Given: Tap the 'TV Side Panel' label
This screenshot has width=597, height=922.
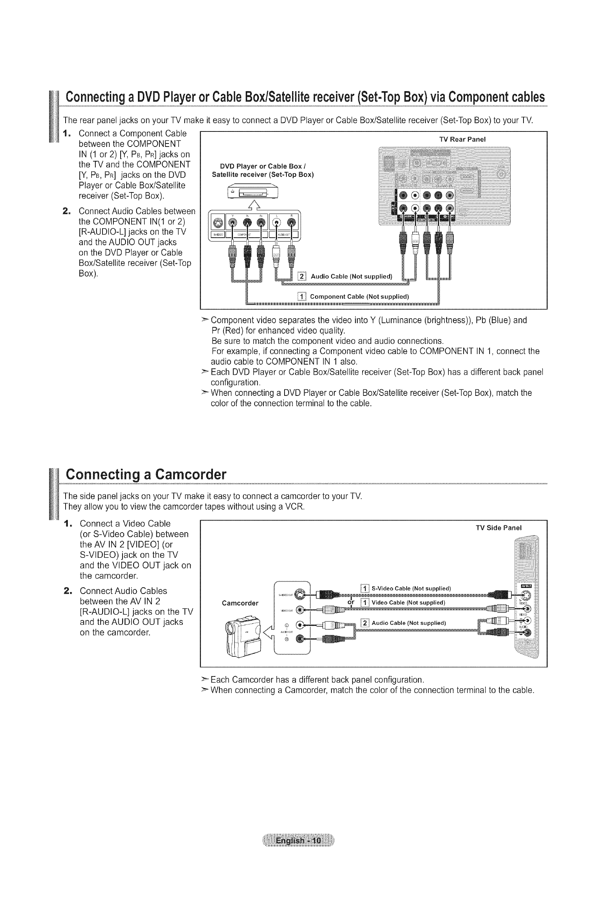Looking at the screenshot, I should pyautogui.click(x=499, y=528).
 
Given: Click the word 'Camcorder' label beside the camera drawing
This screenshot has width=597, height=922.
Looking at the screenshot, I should pyautogui.click(x=240, y=603).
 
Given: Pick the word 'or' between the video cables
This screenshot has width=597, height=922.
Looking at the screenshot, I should pyautogui.click(x=351, y=603).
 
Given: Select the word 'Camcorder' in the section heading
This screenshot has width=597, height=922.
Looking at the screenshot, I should pyautogui.click(x=190, y=475).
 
